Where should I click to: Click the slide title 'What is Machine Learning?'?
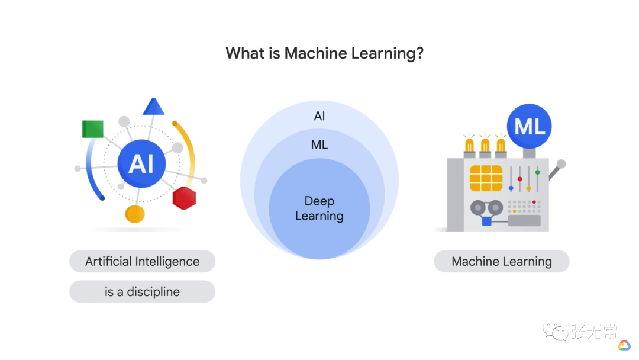pos(325,53)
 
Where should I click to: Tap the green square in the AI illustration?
pos(93,128)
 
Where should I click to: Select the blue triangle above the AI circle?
pos(153,107)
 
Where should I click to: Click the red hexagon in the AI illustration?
pos(184,198)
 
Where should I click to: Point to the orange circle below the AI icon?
pos(135,214)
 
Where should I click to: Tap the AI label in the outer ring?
pos(319,116)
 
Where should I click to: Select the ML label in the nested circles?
pos(319,145)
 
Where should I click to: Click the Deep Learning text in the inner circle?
pos(319,208)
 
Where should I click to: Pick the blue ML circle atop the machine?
pos(530,126)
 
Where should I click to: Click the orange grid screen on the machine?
pos(486,178)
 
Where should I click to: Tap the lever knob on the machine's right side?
pos(561,164)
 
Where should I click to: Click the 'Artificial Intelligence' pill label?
pos(142,262)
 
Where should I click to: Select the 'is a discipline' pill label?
pos(142,292)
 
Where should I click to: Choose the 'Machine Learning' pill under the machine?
pos(501,262)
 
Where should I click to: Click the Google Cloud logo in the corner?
pos(624,345)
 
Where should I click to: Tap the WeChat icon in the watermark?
pos(556,332)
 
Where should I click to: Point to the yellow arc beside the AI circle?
pos(187,150)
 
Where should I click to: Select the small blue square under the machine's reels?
pos(487,221)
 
